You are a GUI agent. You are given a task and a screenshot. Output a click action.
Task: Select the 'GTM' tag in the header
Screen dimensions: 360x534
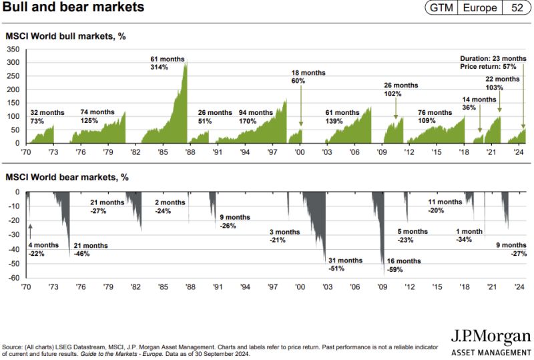coord(442,8)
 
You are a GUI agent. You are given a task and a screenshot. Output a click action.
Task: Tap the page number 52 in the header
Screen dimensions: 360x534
coord(517,8)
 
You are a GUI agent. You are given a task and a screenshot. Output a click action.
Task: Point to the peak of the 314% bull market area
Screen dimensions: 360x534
coord(186,62)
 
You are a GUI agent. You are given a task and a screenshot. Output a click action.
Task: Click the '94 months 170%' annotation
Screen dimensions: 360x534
coord(257,117)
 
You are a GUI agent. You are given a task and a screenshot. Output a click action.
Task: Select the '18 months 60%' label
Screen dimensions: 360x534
coord(298,76)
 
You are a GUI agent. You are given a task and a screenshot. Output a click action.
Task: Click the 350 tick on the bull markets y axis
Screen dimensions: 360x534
coord(13,49)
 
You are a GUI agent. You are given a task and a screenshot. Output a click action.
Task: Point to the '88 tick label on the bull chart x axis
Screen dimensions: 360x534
coord(190,152)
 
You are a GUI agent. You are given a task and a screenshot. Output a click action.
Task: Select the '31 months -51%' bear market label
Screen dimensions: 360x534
coord(345,264)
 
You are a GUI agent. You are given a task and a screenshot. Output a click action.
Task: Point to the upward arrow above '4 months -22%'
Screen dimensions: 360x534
coord(30,231)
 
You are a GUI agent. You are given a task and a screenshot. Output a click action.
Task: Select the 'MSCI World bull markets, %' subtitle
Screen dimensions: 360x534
coord(65,35)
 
